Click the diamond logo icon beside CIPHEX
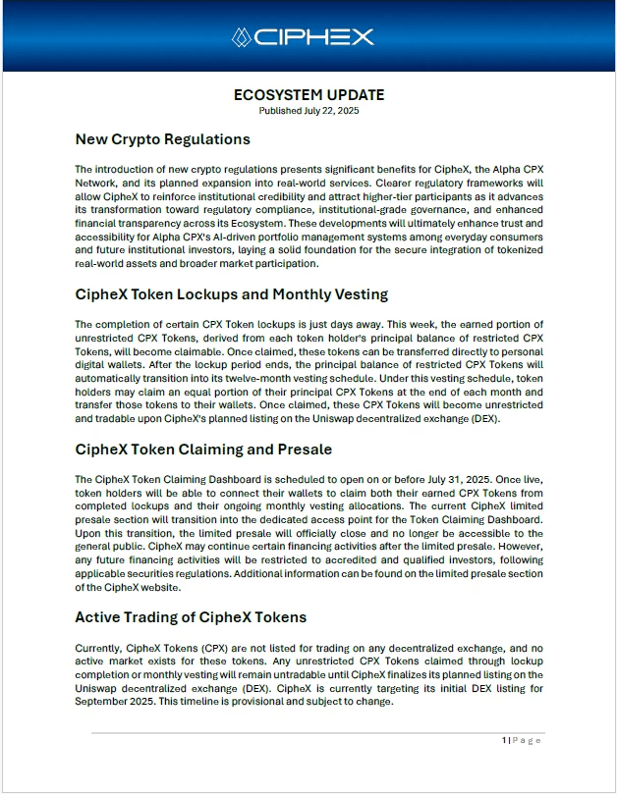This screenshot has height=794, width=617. click(242, 37)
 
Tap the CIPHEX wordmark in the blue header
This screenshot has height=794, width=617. click(314, 37)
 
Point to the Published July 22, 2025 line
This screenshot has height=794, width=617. click(308, 111)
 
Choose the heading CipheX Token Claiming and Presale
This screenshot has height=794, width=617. click(203, 449)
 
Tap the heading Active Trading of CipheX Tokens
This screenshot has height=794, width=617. click(191, 616)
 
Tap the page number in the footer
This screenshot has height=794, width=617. click(504, 740)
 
